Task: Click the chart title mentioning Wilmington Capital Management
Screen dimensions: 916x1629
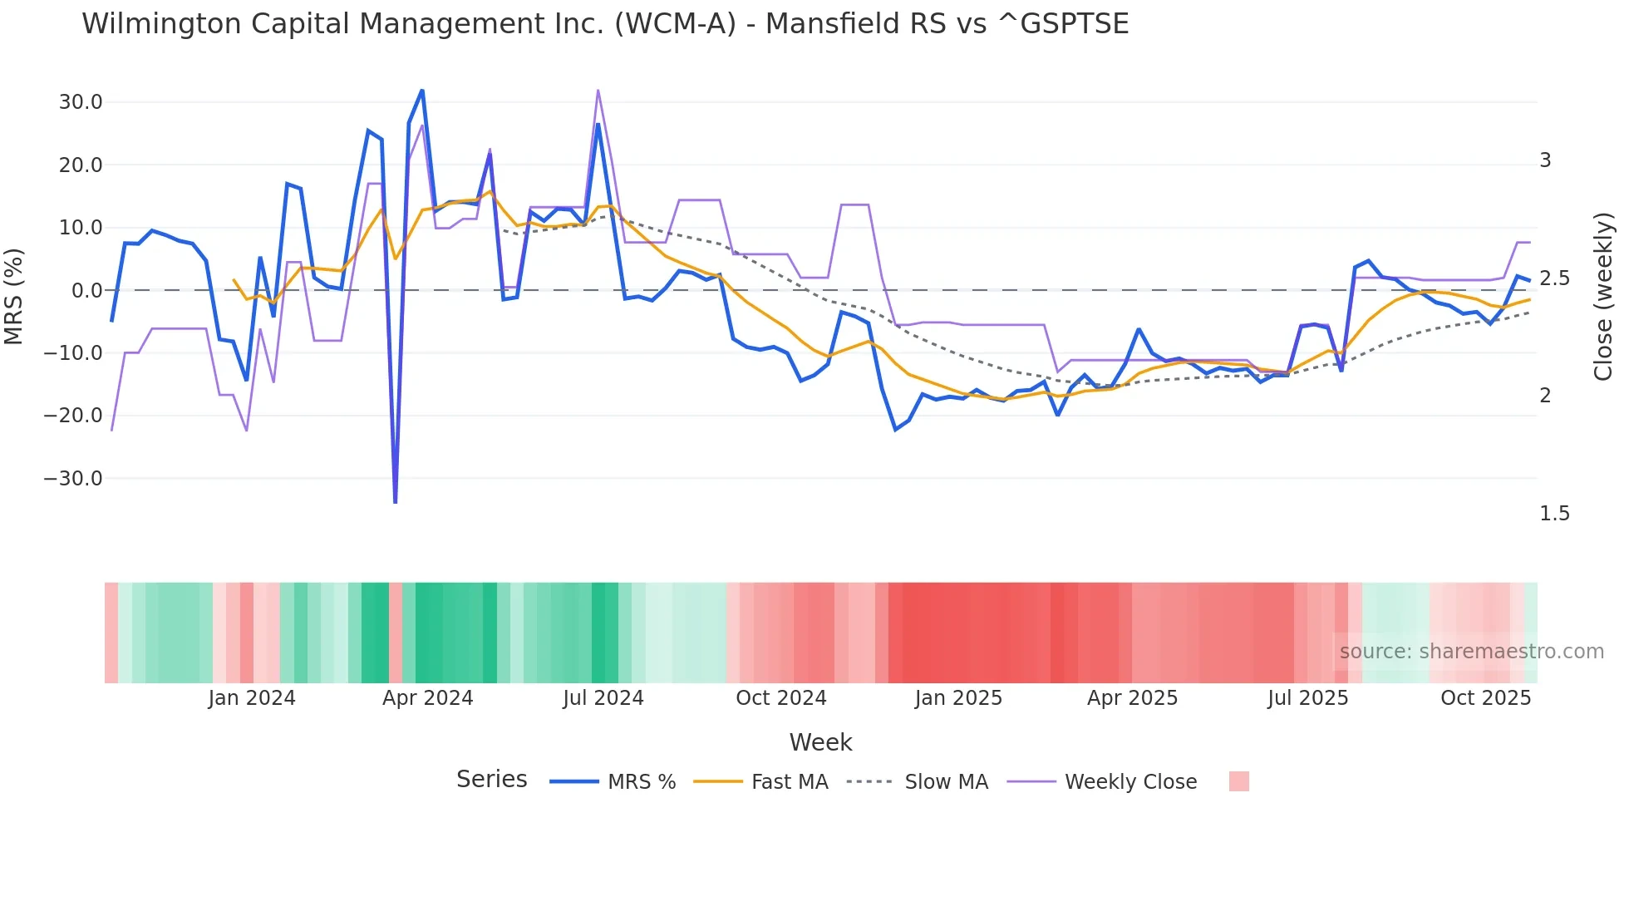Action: [x=605, y=24]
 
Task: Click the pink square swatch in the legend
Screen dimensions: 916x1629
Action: [x=1238, y=781]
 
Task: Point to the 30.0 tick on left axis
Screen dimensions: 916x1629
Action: [x=81, y=102]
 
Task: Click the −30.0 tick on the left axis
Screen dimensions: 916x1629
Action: [x=74, y=479]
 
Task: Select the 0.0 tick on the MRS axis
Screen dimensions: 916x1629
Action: [x=86, y=291]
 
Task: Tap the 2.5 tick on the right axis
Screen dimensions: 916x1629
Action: [x=1554, y=278]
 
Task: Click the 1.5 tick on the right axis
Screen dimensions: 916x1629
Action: [x=1554, y=514]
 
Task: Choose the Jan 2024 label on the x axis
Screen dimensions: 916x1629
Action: [x=252, y=698]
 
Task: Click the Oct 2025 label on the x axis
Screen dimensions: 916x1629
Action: [x=1485, y=698]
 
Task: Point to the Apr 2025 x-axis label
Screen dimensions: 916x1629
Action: [x=1132, y=698]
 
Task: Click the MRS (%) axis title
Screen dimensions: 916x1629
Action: [x=14, y=296]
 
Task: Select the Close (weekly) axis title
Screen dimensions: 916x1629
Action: [x=1602, y=296]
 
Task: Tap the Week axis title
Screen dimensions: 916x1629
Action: [x=820, y=742]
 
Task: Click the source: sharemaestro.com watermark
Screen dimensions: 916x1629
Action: [x=1471, y=652]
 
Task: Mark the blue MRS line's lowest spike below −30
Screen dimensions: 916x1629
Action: [x=395, y=501]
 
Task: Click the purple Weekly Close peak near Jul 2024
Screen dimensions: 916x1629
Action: [x=598, y=91]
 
